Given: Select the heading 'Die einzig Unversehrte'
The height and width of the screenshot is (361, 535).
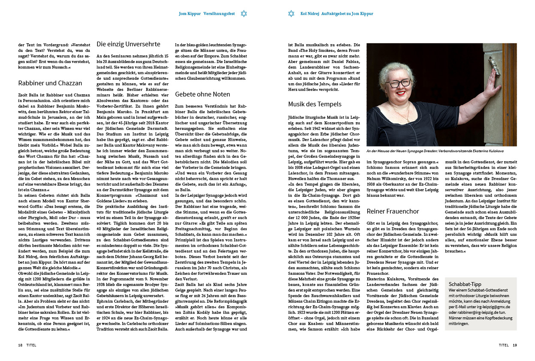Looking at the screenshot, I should (x=122, y=44).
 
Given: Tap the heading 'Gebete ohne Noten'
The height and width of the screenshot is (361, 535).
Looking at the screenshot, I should (x=203, y=94).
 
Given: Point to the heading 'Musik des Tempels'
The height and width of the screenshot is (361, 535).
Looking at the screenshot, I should (x=315, y=104).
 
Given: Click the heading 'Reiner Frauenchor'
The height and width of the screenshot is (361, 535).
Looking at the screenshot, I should (x=393, y=211).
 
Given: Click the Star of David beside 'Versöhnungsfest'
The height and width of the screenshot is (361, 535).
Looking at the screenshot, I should (x=244, y=14).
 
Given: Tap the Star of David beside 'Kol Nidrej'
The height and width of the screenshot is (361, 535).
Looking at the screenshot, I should (x=291, y=14).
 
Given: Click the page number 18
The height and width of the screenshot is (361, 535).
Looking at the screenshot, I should (x=20, y=345).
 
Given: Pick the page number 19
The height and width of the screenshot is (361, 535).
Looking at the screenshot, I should (x=515, y=345).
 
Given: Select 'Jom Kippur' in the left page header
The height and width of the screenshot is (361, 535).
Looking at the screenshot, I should (x=190, y=14).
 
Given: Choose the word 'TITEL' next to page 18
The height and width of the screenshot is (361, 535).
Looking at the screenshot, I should (x=31, y=345).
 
